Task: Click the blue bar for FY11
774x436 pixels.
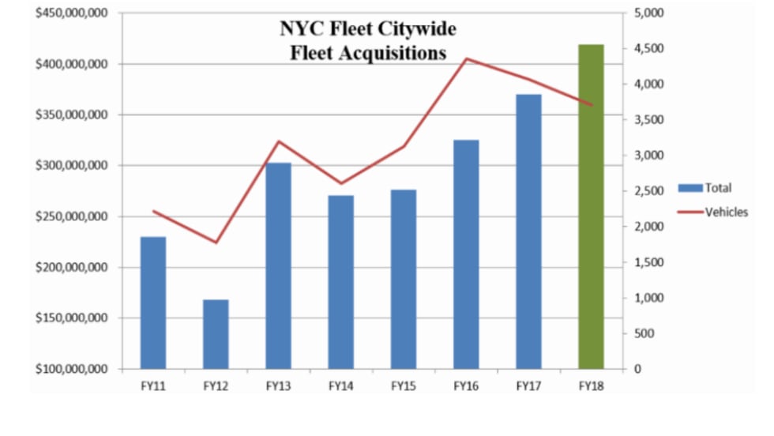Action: [x=153, y=303]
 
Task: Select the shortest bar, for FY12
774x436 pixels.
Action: [x=216, y=334]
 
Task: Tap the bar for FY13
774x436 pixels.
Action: [x=278, y=265]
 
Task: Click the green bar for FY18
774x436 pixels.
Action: [x=591, y=207]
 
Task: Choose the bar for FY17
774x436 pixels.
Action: [x=528, y=231]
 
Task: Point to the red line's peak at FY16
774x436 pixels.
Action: [x=466, y=58]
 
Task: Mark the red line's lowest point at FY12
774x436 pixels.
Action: [x=216, y=242]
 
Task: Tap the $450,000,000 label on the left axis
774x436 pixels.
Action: [x=72, y=13]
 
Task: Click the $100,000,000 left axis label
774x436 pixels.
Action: [x=72, y=369]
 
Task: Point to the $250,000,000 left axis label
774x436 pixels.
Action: [x=72, y=216]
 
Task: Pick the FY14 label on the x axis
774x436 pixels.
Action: [x=340, y=386]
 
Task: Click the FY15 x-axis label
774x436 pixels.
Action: [x=403, y=386]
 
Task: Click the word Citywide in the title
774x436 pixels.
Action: [x=417, y=29]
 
